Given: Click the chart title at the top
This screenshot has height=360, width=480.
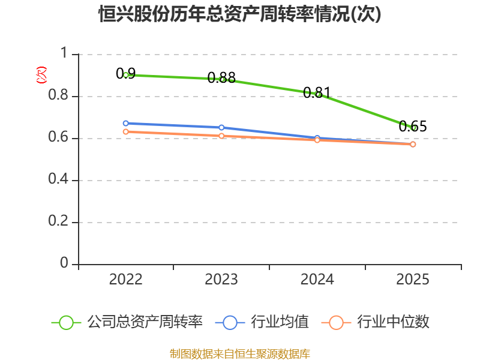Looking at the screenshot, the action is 239,14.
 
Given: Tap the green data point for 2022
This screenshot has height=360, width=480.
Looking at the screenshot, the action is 126,74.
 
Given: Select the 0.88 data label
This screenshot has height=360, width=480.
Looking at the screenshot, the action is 221,78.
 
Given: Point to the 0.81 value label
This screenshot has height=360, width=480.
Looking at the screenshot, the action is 317,92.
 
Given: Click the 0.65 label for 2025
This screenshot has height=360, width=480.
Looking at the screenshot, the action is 413,126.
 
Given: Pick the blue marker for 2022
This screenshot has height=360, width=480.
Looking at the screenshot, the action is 126,124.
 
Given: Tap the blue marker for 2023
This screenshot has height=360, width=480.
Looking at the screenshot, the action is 221,127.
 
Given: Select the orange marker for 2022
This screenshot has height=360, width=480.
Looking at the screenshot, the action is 126,131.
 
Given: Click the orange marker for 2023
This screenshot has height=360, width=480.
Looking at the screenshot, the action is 221,136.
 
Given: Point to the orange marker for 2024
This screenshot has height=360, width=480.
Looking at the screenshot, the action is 317,140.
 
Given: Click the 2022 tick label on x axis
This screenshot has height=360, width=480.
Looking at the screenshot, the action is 126,280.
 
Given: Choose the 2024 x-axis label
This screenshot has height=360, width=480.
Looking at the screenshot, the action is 317,280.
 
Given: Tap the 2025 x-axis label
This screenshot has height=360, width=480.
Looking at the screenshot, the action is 413,280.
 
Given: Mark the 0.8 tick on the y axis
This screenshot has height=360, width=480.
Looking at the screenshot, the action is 58,95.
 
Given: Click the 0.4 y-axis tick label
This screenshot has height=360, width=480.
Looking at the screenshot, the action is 58,179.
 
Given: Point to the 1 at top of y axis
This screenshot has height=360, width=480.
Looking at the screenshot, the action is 64,53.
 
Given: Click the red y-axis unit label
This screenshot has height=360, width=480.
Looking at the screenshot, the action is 41,75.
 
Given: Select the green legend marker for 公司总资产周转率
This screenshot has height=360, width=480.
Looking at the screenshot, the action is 66,323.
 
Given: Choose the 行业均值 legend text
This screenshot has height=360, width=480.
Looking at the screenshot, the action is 280,322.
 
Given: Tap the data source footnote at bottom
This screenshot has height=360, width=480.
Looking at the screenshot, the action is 240,354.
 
